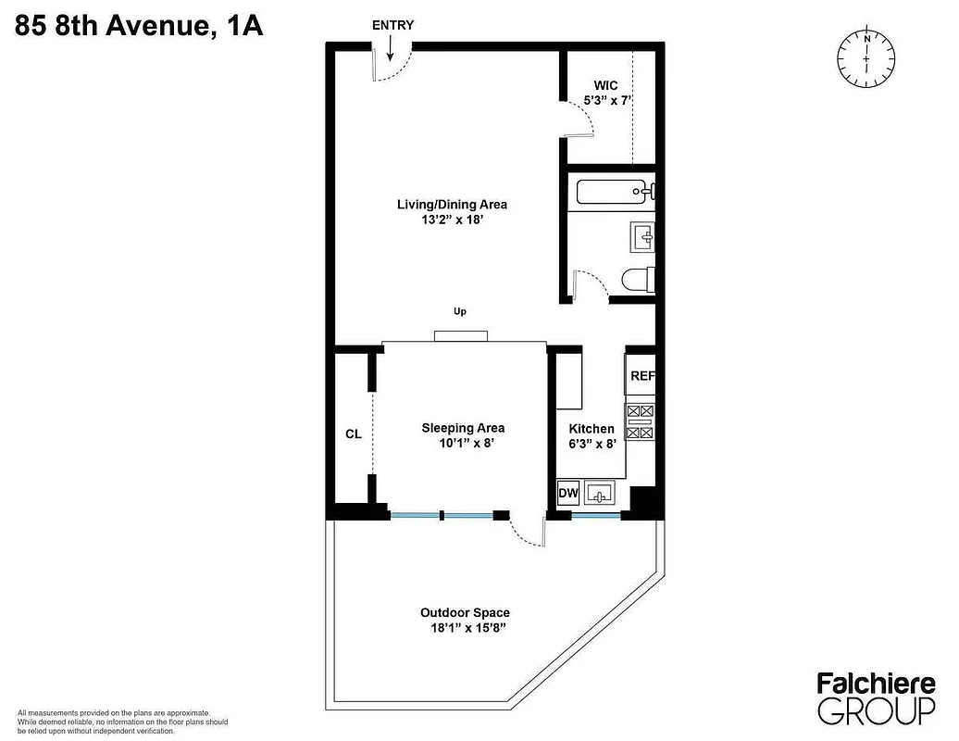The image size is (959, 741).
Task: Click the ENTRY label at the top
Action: pos(392,25)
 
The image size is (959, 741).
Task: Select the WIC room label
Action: pos(605,85)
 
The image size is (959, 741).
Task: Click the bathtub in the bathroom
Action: pos(616,193)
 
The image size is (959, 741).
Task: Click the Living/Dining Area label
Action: pos(452,205)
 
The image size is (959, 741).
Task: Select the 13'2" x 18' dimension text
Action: pos(452,221)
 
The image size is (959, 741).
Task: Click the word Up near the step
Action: pos(459,312)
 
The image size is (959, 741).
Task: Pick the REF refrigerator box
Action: pos(641,376)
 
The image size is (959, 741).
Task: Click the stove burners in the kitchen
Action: pos(641,421)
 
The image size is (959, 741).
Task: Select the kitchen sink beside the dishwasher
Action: pos(599,493)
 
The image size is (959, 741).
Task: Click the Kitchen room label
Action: pos(591,429)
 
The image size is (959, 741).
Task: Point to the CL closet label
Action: pos(353,433)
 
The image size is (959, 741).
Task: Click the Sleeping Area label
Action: pos(463,428)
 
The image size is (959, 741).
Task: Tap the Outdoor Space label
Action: pos(465,612)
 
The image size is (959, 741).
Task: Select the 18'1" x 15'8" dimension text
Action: pos(465,628)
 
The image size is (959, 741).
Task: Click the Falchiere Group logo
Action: pos(875,697)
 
